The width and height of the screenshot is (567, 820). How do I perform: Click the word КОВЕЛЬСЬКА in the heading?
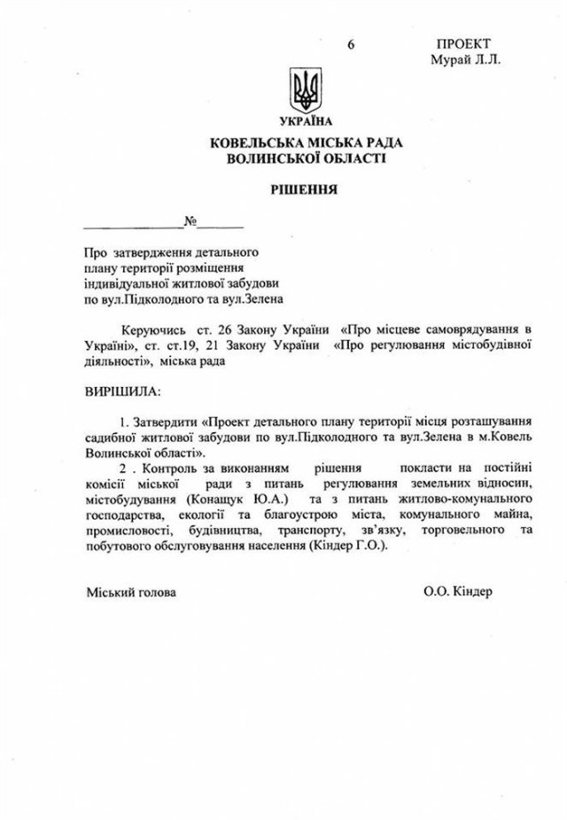point(254,143)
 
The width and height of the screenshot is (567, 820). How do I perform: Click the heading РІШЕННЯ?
point(304,190)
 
